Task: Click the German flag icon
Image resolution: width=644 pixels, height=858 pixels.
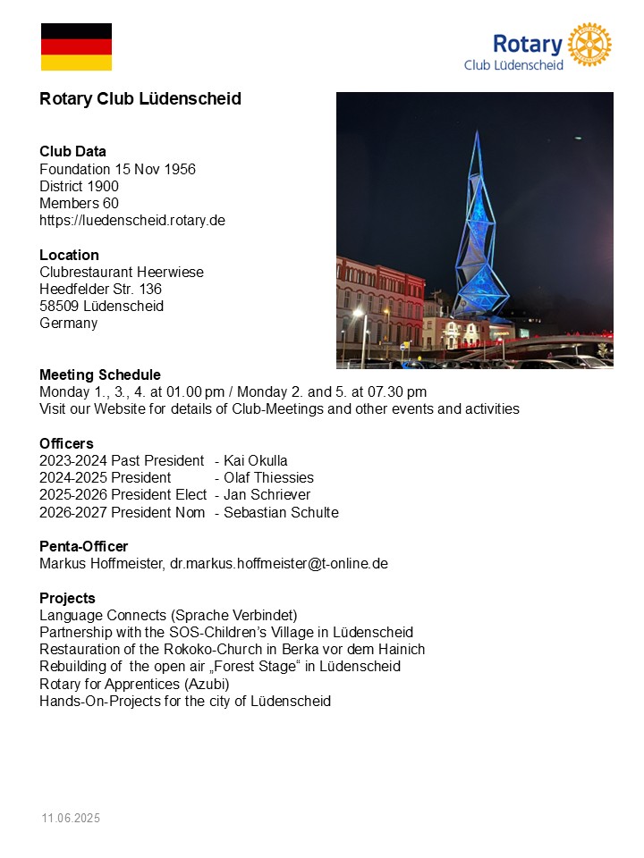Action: point(76,47)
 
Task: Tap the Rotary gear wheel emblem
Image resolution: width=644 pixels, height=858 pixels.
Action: point(589,45)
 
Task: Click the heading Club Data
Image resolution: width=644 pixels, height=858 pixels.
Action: point(72,151)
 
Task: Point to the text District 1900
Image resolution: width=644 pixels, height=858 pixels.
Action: point(79,186)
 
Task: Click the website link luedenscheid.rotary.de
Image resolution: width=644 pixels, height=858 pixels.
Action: point(132,220)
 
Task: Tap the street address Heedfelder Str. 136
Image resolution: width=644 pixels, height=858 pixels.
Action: point(100,289)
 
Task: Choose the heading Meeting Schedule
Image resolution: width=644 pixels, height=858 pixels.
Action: point(100,374)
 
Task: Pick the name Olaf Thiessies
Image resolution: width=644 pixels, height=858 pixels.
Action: point(268,477)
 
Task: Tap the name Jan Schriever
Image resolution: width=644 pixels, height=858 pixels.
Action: point(267,494)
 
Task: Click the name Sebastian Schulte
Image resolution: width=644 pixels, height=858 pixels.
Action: point(281,512)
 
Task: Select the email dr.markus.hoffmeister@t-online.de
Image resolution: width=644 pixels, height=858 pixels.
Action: point(279,564)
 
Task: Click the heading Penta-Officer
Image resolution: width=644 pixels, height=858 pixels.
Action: point(83,546)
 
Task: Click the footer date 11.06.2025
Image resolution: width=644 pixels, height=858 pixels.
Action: point(71,818)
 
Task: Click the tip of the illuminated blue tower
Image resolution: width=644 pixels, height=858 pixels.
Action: point(477,132)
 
